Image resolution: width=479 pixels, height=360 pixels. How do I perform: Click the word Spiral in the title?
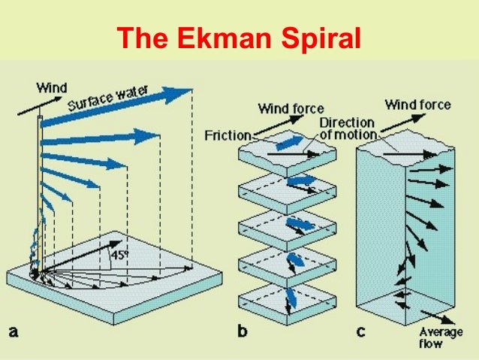point(321,38)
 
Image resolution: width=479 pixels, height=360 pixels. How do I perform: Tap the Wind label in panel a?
point(52,88)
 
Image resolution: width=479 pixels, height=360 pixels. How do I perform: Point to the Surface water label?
point(108,98)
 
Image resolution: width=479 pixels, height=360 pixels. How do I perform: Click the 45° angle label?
point(119,255)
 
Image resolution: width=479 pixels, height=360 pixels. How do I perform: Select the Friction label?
point(228,135)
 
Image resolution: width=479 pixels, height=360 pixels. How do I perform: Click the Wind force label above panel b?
point(291,108)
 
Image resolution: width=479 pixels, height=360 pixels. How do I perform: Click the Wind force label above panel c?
point(417,105)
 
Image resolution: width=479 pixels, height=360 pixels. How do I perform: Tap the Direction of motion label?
point(348,129)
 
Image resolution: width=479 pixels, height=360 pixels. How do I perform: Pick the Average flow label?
point(441,337)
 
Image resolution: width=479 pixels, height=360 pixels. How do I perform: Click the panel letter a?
point(13,331)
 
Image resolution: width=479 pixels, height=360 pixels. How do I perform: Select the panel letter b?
point(243,331)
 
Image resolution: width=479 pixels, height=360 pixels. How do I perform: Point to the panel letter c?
point(361,331)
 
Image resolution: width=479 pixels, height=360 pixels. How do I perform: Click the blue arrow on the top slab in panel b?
point(289,143)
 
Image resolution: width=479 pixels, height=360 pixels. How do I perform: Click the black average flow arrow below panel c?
point(438,317)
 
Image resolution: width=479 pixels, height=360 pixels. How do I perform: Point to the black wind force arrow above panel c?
point(403,123)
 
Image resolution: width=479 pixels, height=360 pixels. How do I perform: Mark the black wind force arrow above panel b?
point(279,125)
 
